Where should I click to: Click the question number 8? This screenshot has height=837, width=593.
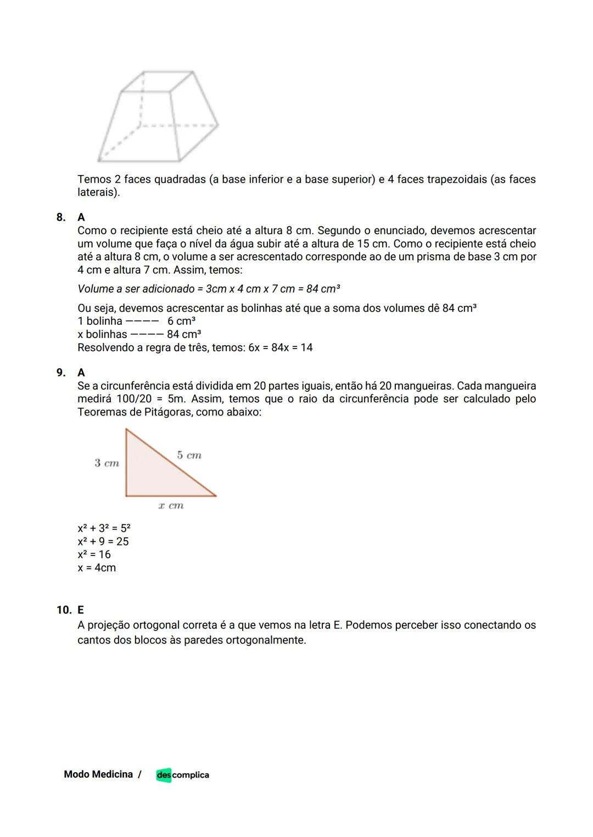click(60, 217)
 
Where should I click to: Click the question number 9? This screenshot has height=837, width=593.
click(60, 373)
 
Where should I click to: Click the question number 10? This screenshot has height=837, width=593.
click(63, 610)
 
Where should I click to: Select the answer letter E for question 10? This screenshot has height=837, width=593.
click(81, 610)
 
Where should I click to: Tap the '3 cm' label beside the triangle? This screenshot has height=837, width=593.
click(107, 463)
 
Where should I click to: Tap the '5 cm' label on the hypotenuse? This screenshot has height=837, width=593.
click(189, 455)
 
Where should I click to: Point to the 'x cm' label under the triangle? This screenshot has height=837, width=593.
click(171, 505)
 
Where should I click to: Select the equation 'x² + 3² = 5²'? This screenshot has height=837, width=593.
click(104, 528)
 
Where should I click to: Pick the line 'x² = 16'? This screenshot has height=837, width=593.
click(94, 554)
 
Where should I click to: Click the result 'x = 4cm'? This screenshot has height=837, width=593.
click(97, 568)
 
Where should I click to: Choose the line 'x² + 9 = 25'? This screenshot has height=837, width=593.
click(103, 541)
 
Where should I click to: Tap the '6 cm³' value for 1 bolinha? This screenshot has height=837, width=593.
click(181, 321)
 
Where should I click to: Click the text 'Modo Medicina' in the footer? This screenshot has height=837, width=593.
click(98, 774)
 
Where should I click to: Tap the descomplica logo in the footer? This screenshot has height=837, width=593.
click(182, 775)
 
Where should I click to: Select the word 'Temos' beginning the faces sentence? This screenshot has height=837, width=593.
click(93, 179)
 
